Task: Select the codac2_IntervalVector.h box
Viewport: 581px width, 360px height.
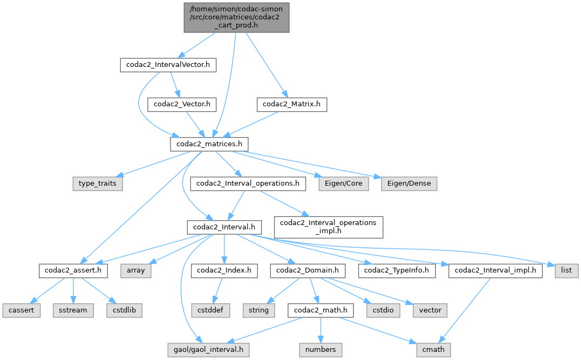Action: coord(168,65)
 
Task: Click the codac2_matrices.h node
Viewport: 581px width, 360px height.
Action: coord(209,144)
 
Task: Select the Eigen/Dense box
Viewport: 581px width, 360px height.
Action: coord(409,184)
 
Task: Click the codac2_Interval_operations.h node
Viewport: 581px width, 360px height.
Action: coord(248,184)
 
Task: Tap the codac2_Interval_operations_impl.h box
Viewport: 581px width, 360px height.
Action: coord(329,227)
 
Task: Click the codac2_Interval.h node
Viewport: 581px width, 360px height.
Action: coord(224,227)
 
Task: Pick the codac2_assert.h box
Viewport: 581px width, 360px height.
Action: coord(73,270)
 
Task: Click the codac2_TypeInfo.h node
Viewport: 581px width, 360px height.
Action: coord(400,270)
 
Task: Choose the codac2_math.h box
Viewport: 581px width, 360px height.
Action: coord(320,310)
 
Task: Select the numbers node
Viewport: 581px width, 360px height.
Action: coord(320,350)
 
